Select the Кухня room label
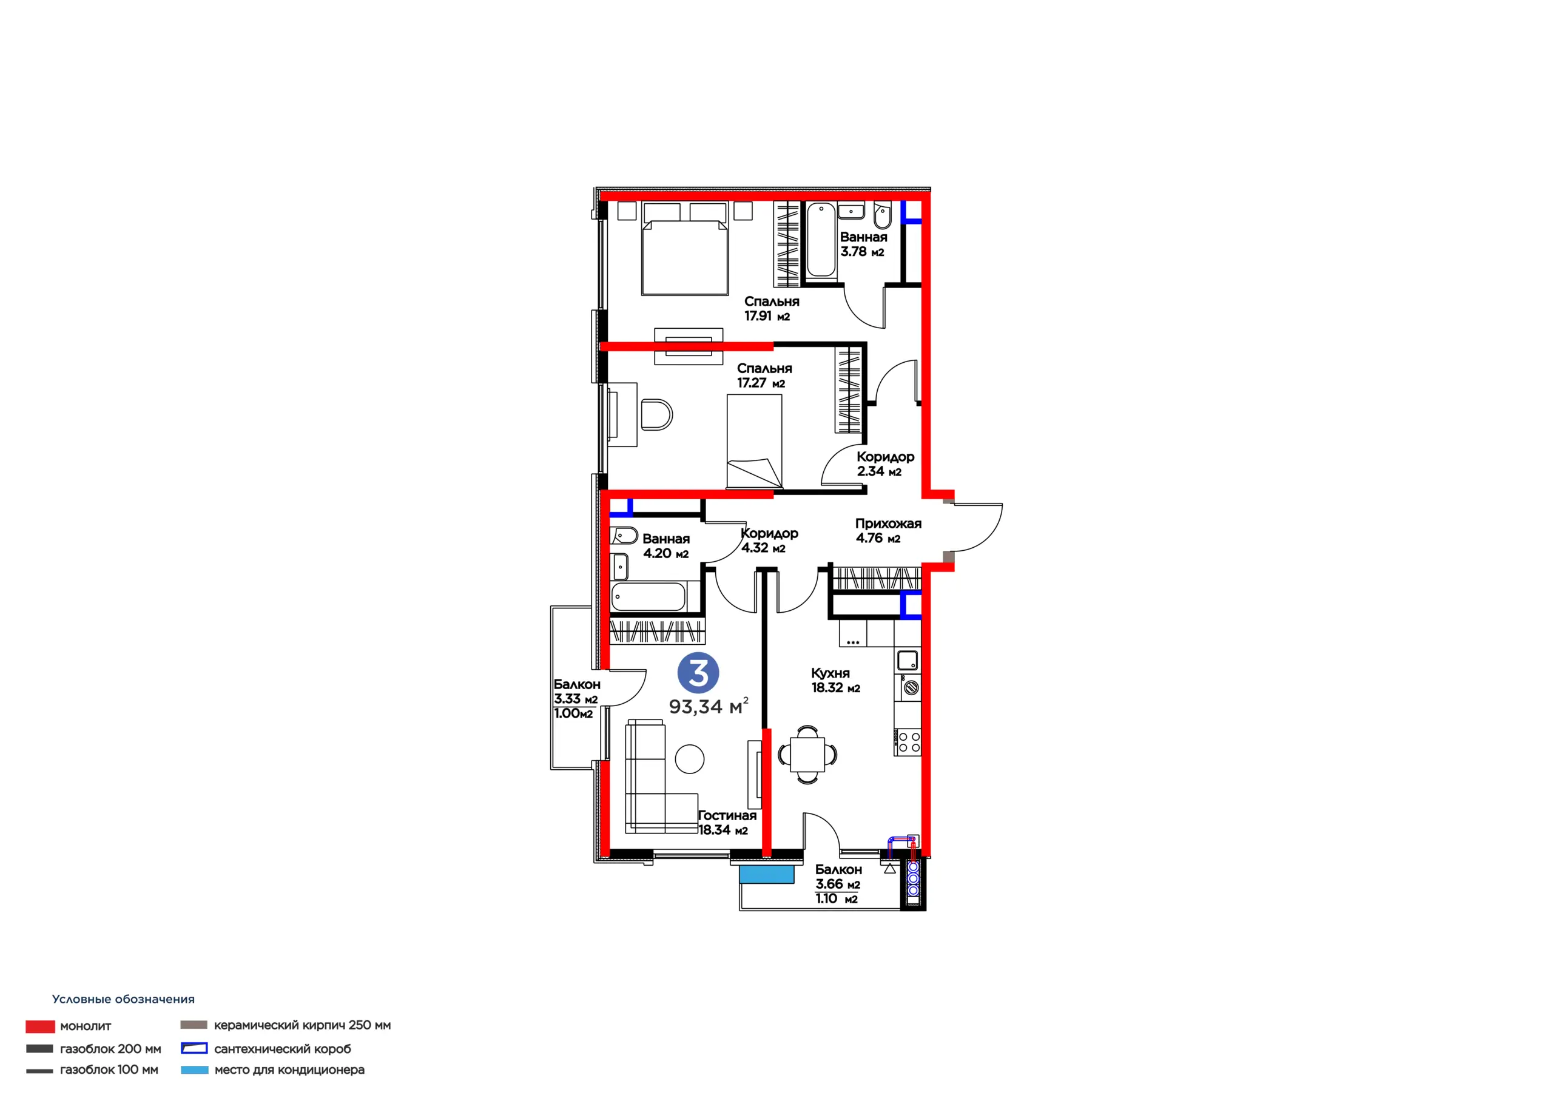(830, 673)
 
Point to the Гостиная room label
(727, 815)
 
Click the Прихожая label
(888, 523)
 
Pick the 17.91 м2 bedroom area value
(767, 316)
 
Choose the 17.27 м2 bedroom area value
(761, 383)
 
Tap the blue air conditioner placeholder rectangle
(766, 874)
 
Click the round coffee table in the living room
(690, 759)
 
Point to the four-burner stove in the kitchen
(907, 742)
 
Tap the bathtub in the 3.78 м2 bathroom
(821, 240)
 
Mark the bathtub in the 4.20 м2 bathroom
(648, 597)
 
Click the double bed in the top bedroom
(685, 258)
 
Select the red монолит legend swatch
(40, 1026)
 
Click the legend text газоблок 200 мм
(110, 1049)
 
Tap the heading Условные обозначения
(123, 999)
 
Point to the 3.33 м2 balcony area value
(576, 699)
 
